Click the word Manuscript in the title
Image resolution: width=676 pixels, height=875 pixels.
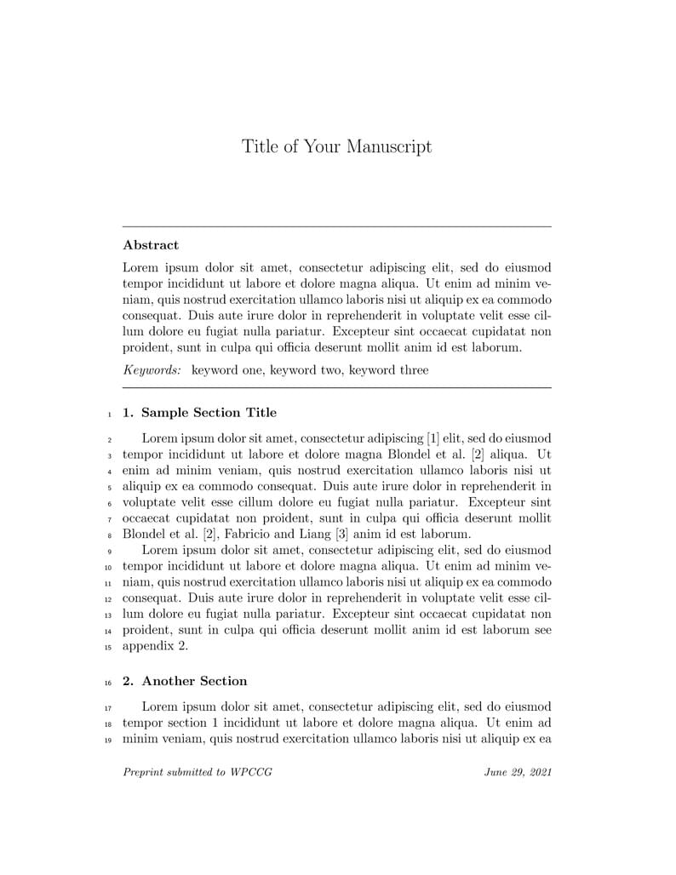(388, 146)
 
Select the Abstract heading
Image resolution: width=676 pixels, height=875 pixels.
(151, 245)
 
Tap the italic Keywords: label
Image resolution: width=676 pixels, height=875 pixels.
(152, 370)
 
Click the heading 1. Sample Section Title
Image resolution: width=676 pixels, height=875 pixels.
(199, 413)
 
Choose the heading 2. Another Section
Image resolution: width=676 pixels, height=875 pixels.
(185, 681)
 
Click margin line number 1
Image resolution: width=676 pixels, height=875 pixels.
(111, 415)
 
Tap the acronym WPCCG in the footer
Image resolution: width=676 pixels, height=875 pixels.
(251, 772)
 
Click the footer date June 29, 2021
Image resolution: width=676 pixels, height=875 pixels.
(518, 772)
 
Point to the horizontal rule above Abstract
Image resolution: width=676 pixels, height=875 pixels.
(337, 226)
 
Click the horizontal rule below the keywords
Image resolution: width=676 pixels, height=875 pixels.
(337, 388)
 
